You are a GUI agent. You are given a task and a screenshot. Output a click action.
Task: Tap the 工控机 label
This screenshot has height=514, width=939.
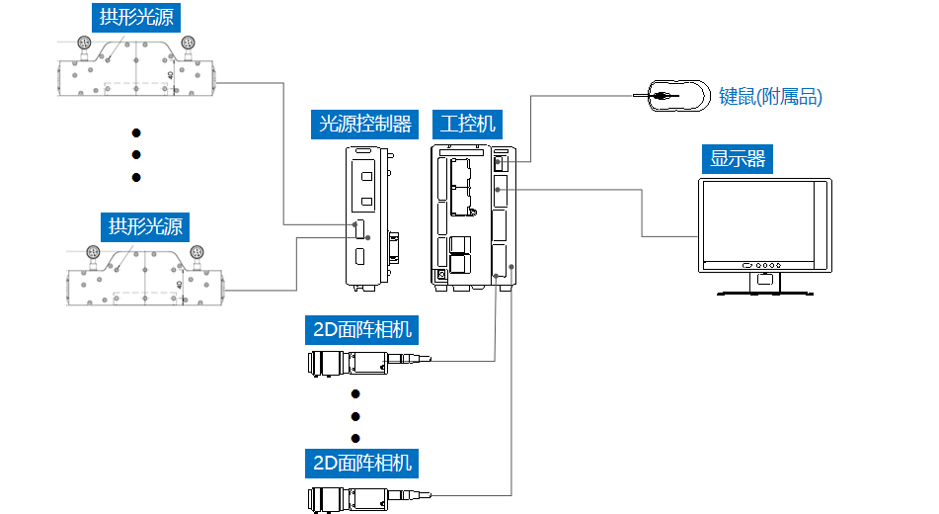pos(468,124)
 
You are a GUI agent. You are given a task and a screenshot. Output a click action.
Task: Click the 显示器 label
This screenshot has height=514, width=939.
pos(738,158)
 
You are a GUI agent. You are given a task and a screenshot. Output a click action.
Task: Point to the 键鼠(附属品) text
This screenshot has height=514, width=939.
pos(770,97)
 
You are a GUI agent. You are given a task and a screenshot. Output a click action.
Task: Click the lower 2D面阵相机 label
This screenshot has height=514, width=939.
pos(361,462)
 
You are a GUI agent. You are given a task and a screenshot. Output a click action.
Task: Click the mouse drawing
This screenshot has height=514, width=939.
pos(677,96)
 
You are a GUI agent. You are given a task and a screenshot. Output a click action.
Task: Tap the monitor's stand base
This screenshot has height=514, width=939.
pos(764,292)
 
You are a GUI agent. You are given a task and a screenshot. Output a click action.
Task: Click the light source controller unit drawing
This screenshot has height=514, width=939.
pos(367,216)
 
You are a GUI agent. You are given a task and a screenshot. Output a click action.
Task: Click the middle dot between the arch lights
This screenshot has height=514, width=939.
pos(137,154)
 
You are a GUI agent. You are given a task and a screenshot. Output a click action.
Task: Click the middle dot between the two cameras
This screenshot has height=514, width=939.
pos(356,415)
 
